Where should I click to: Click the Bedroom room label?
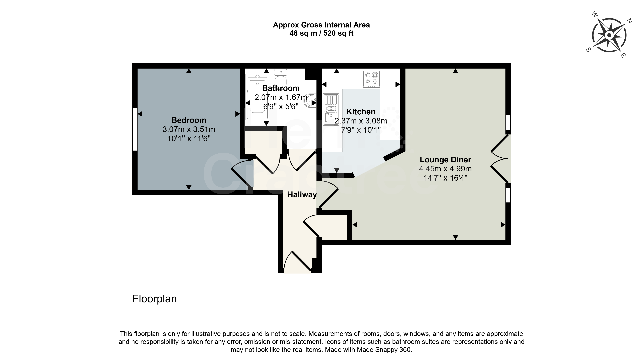coord(189,120)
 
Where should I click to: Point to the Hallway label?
coord(302,194)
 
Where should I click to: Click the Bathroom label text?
coord(281,88)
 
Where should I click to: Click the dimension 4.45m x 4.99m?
coord(445,169)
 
